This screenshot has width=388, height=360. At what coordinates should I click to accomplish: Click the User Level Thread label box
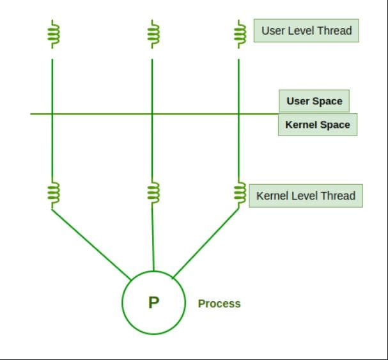pos(306,31)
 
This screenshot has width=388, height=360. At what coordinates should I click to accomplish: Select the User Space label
pos(314,101)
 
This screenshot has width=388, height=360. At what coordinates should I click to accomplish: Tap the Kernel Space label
pos(317,125)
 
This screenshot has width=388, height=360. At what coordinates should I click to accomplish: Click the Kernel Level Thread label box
pos(306,196)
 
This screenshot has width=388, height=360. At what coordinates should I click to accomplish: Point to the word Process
pos(219,304)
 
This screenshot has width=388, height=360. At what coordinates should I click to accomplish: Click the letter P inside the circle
pos(153,302)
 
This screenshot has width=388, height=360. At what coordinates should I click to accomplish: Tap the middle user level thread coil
pos(152,33)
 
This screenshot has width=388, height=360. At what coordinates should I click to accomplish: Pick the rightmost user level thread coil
pos(240,33)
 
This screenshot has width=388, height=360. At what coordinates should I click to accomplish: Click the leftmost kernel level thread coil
pos(52,192)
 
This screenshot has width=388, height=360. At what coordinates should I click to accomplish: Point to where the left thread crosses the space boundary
pos(52,114)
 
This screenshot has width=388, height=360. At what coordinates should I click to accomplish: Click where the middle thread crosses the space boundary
pos(152,114)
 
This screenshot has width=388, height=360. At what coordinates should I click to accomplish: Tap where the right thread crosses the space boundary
pos(239,114)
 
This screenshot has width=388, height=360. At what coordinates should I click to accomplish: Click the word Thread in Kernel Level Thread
pos(339,196)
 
